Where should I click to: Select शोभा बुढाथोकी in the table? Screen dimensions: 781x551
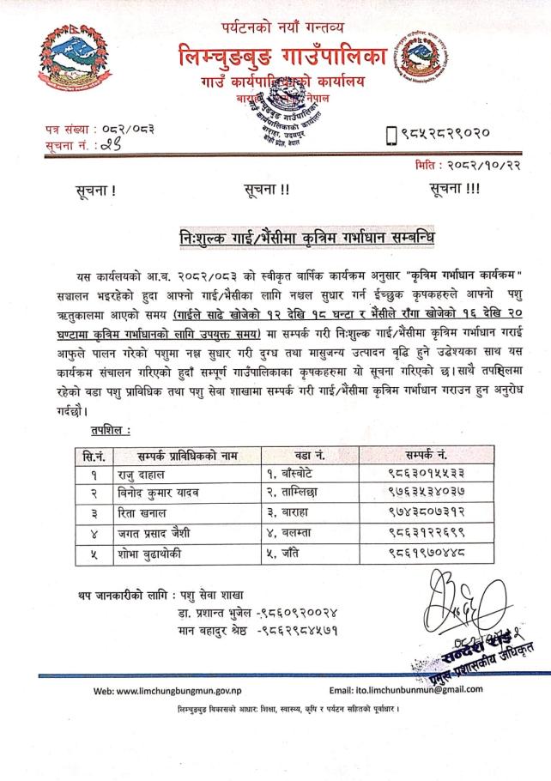(154, 554)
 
